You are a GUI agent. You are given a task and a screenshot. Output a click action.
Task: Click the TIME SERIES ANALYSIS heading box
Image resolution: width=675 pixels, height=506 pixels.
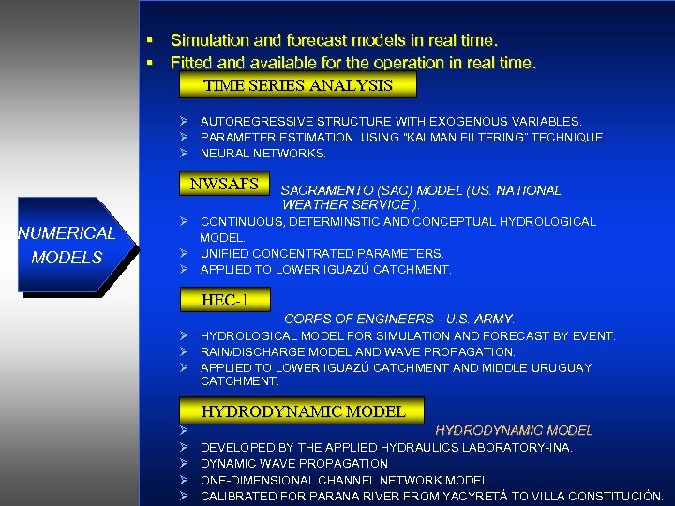pos(297,85)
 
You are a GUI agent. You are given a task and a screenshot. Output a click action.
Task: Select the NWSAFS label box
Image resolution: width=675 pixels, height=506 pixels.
pos(224,184)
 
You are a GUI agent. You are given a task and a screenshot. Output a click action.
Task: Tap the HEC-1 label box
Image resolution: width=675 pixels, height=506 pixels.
pos(224,301)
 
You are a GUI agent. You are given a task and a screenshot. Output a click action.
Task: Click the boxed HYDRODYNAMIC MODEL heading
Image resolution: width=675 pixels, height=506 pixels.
pos(303,411)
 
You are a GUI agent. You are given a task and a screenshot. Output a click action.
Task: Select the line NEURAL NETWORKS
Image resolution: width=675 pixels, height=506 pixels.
pos(263,153)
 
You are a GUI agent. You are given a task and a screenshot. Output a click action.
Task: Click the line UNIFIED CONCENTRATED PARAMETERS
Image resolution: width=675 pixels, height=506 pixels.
pos(322,253)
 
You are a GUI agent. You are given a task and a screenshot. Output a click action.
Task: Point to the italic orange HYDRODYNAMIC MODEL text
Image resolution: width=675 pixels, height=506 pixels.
pos(514,430)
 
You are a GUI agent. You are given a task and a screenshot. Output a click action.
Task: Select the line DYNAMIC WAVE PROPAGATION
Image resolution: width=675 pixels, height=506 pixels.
pos(293,463)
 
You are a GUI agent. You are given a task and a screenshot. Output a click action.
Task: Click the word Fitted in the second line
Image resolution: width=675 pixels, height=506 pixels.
pos(190,64)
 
